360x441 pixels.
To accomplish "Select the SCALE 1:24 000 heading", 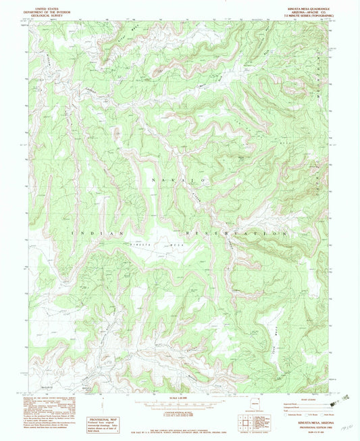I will pos(179,396).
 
